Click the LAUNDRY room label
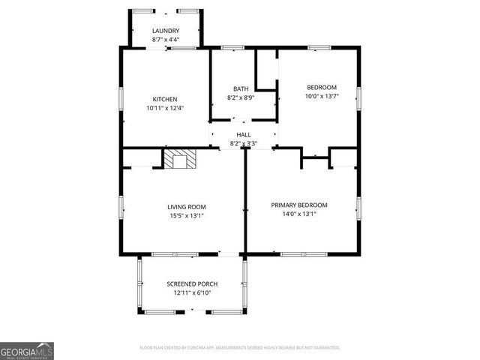(166, 31)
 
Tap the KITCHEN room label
(165, 99)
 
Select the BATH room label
(241, 88)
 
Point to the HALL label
(244, 134)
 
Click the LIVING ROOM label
(187, 206)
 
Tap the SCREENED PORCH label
(193, 283)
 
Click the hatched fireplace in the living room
(180, 159)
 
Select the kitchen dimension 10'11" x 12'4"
(165, 108)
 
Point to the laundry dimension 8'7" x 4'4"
(166, 39)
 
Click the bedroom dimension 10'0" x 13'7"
(321, 96)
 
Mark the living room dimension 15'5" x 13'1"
(187, 215)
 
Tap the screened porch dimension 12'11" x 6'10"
(193, 292)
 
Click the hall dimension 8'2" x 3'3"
(244, 143)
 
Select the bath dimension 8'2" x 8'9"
(241, 97)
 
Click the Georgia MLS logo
(27, 351)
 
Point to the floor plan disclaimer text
(240, 348)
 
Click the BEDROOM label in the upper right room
(321, 87)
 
